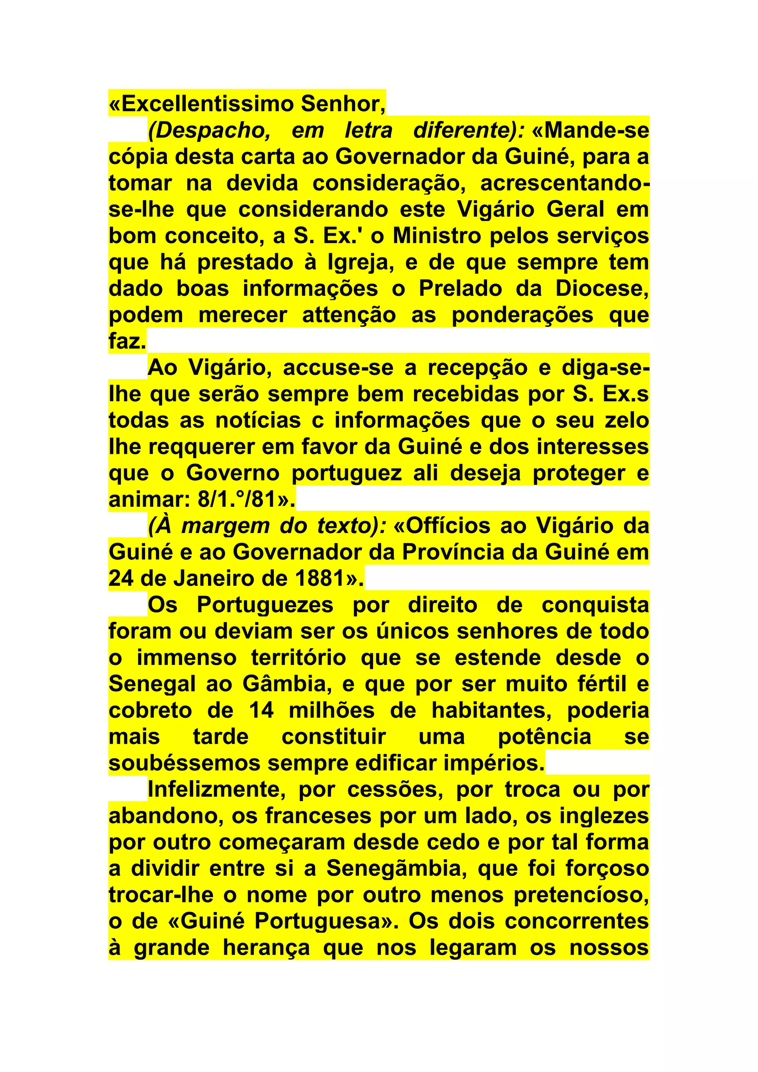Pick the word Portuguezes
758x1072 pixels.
pos(265,605)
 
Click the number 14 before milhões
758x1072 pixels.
pos(261,711)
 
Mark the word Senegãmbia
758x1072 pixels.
pos(394,869)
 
